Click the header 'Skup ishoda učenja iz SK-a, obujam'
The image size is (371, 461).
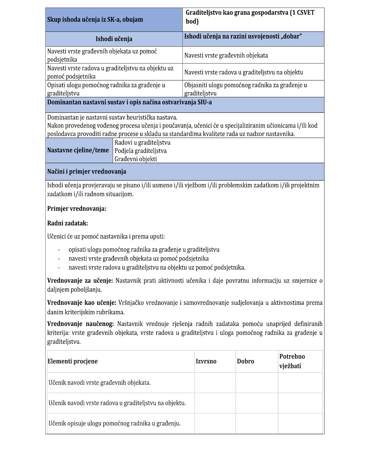pos(95,20)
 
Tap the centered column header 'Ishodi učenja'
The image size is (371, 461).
pos(114,39)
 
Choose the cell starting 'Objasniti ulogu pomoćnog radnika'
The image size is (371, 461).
pos(245,89)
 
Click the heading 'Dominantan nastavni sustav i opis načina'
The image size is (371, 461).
pos(130,102)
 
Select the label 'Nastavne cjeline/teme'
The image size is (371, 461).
pos(78,150)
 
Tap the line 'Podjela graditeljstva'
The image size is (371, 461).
pos(141,151)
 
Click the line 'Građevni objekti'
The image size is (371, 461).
pos(136,159)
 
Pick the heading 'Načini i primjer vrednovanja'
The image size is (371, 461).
pos(87,172)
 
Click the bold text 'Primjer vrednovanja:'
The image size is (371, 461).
pos(77,209)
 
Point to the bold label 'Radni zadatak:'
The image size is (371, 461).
pos(68,223)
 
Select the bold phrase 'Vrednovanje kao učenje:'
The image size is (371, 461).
pos(82,303)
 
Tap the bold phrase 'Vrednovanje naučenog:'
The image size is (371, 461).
pos(81,324)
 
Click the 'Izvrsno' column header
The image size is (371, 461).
pos(206,361)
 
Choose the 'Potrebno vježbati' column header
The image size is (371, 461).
pos(292,361)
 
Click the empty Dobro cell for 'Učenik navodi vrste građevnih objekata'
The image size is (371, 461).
pos(257,383)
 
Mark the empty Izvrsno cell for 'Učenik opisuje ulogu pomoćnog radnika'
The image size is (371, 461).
pos(215,423)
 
